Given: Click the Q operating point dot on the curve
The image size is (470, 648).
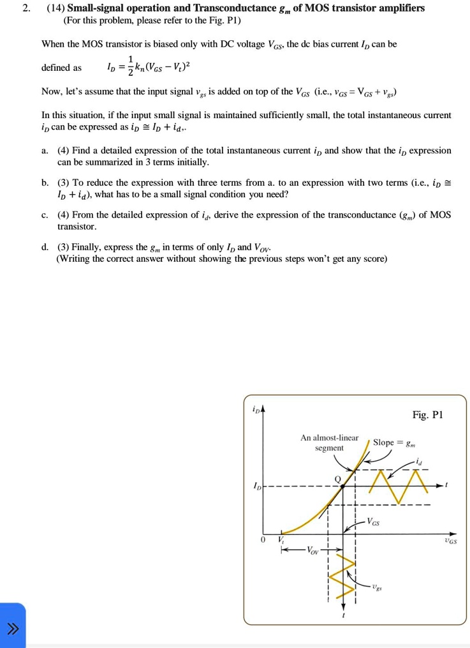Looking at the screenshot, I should click(342, 486).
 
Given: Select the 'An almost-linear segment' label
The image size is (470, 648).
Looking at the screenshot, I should click(329, 443).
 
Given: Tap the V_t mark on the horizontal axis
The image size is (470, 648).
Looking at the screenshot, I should click(281, 540).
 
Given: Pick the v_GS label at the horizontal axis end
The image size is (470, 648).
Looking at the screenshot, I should click(450, 541).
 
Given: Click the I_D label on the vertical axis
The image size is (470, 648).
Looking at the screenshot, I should click(256, 486).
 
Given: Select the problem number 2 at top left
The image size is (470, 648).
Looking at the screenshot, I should click(26, 8).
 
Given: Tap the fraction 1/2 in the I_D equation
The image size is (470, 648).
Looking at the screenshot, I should click(131, 66).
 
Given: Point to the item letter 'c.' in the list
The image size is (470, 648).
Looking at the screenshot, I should click(45, 215).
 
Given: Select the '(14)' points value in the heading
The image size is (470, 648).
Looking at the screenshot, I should click(55, 8).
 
